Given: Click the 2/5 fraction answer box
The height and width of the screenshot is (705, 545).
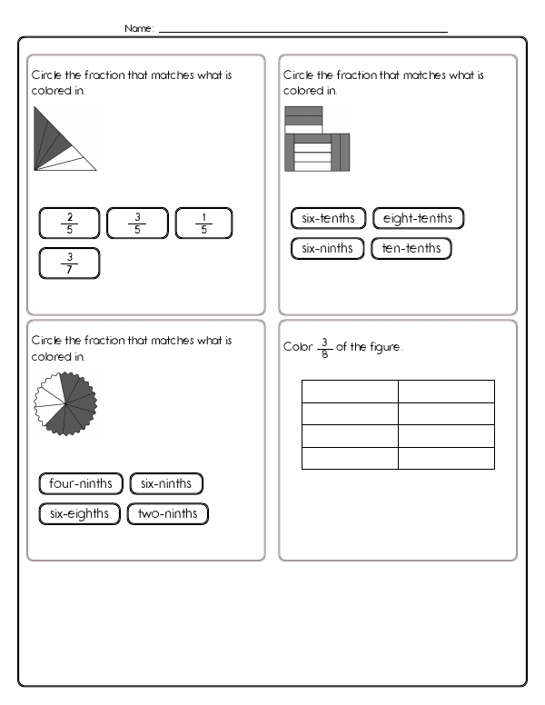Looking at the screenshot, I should [70, 223].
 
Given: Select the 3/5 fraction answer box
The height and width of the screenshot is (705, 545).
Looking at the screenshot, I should [137, 223].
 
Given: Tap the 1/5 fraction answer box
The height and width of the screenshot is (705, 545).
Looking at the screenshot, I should [203, 223].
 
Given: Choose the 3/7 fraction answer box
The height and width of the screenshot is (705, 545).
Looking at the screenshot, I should [70, 263].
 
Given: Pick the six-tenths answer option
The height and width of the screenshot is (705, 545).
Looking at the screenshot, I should [328, 218].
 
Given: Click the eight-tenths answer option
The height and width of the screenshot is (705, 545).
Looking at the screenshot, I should [418, 218].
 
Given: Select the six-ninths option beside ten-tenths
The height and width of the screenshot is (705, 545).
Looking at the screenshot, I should [327, 248].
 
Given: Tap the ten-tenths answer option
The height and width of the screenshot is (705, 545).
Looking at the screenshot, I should [411, 248].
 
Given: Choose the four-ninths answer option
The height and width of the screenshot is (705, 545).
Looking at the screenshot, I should [80, 483].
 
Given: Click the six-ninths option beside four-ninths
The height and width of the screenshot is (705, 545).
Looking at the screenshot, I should [166, 483].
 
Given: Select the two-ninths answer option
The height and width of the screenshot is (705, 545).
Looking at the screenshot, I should [167, 513].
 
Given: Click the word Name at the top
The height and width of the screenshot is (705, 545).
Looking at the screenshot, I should [138, 29].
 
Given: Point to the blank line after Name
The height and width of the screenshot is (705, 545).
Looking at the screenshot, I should [303, 32].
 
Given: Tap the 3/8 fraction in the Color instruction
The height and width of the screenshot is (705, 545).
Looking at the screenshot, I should [323, 348].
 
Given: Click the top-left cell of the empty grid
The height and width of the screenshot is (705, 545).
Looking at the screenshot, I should [350, 391].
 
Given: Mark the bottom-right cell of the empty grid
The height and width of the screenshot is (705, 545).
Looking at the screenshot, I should [446, 458].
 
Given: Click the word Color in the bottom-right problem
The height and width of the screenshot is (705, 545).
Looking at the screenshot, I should [297, 347].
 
